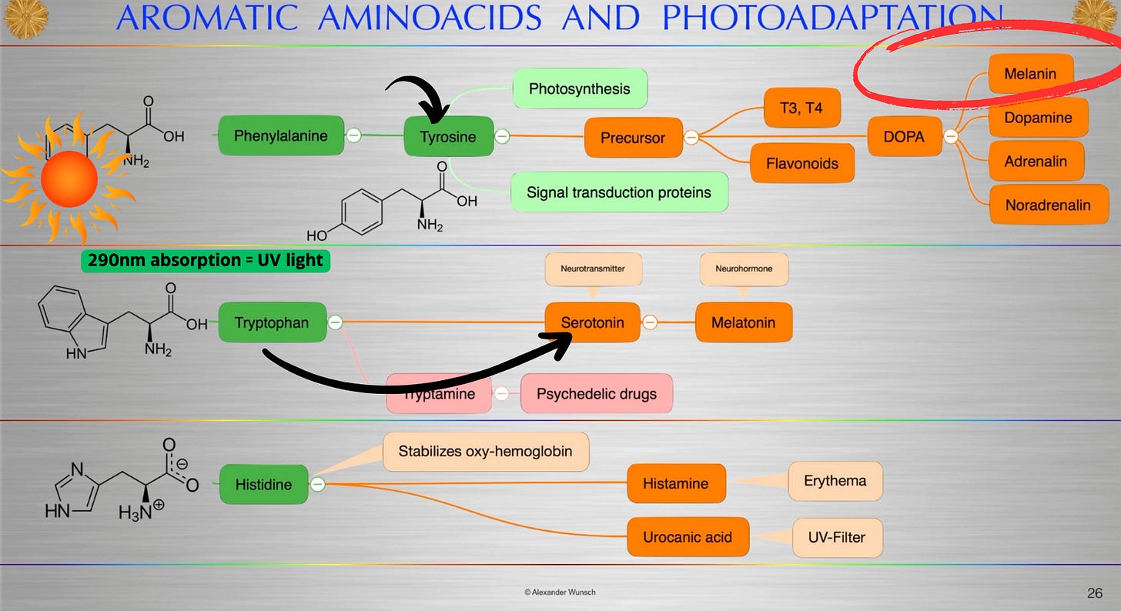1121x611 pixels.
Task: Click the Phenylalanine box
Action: coord(280,135)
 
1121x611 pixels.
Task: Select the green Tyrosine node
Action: coord(448,136)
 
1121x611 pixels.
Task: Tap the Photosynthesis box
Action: coord(579,88)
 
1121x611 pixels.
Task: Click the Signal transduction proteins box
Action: coord(618,192)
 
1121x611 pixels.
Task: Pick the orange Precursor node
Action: coord(633,138)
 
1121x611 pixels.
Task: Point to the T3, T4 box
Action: coord(801,108)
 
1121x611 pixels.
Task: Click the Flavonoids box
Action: coord(801,163)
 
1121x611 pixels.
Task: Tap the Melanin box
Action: coord(1029,74)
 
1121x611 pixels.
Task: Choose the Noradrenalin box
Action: coord(1047,205)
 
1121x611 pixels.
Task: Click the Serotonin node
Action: coord(592,322)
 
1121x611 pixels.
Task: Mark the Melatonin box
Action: coord(743,322)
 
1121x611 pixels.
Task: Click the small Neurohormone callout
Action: coord(743,269)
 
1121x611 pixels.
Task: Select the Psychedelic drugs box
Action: coord(596,393)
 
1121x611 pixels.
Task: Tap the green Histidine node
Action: coord(263,484)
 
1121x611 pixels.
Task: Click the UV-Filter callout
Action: coord(837,536)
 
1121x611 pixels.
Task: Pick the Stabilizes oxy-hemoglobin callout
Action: coord(485,452)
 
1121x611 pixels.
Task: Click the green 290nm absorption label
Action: coord(205,260)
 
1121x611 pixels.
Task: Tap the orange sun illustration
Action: coord(69,179)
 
